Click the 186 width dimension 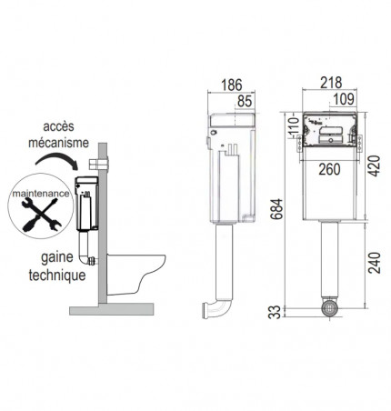pos(232,85)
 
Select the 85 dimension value pos(245,101)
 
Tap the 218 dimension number pos(331,83)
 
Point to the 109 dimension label pos(344,99)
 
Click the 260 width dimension pos(329,169)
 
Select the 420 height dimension pos(374,166)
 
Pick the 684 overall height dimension pos(276,209)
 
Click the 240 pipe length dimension pos(375,263)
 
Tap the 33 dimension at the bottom pos(275,312)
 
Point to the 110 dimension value pos(293,125)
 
